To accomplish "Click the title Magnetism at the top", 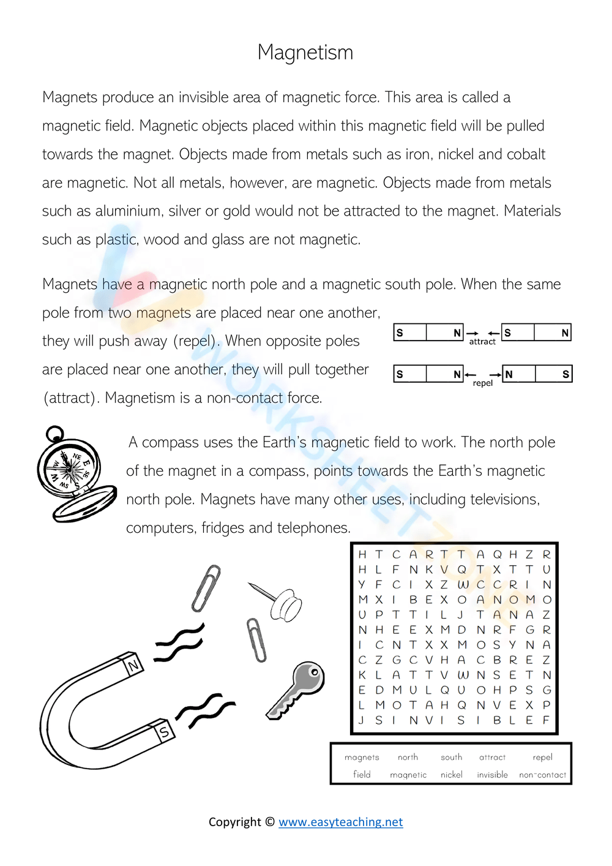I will pos(305,53).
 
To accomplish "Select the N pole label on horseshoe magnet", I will pos(133,665).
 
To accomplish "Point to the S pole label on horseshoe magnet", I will pos(164,731).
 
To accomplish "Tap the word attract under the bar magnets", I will pos(482,342).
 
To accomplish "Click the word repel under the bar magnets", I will pos(482,383).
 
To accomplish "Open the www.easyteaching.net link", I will pos(340,822).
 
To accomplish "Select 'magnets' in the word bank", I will pos(362,758).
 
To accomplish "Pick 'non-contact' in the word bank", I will pos(542,775).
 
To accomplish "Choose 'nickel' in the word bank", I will pos(452,775).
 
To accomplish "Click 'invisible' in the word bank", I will pos(493,775).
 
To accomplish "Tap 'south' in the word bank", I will pos(452,758).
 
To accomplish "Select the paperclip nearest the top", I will pos(206,588).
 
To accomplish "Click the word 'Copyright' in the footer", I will pos(235,822).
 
